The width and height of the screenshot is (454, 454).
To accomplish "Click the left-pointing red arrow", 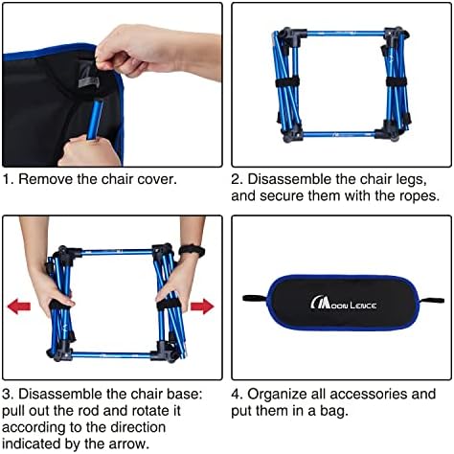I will click(18, 307).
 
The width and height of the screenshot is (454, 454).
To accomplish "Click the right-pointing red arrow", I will click(203, 307).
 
